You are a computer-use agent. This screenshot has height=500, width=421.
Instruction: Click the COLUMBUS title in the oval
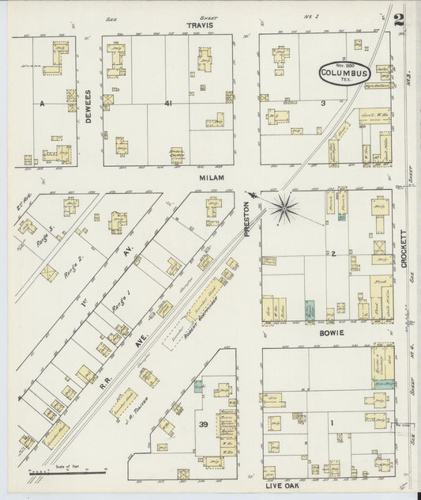(x=344, y=73)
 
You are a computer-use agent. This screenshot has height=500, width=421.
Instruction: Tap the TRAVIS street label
(x=197, y=25)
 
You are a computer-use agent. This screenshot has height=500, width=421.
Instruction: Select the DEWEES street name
(x=88, y=102)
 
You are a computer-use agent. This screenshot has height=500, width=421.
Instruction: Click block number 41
(x=168, y=103)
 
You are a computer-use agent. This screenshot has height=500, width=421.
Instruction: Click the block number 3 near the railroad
(x=322, y=103)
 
